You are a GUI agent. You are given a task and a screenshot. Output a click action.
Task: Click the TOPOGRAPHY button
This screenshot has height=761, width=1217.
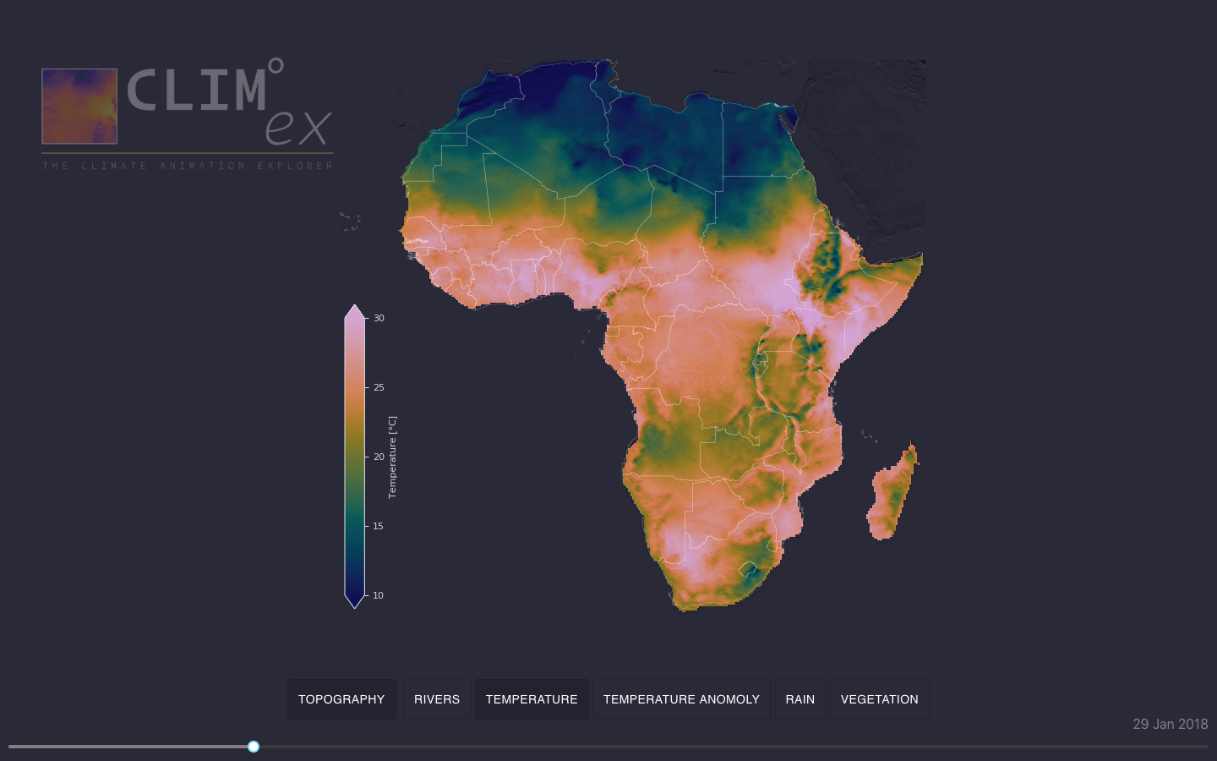(341, 699)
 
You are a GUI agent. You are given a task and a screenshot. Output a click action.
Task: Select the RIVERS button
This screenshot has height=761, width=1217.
(437, 699)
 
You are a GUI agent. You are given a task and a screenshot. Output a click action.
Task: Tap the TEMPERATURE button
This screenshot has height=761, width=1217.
(532, 699)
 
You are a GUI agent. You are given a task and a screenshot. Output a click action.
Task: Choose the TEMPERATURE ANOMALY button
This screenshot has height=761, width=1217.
(681, 699)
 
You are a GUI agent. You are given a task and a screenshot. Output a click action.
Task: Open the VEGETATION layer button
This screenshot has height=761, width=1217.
(879, 699)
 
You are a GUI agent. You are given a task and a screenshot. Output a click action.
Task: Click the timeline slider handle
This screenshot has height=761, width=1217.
(254, 747)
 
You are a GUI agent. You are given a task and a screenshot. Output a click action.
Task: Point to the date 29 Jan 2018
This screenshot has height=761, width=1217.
(1170, 725)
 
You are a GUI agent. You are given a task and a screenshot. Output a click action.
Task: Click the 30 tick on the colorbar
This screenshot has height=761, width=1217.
(379, 319)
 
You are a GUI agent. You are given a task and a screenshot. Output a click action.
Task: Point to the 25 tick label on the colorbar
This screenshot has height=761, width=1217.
(379, 388)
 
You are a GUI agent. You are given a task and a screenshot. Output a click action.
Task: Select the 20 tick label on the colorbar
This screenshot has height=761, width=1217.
(379, 457)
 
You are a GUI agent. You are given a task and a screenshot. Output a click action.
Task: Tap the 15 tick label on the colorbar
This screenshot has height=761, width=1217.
(379, 527)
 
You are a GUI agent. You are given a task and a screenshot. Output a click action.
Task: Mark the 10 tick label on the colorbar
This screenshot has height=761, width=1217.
(379, 596)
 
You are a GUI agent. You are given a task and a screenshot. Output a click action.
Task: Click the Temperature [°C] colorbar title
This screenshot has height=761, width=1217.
(392, 457)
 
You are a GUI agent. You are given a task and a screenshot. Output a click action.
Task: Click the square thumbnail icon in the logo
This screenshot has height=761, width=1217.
(79, 107)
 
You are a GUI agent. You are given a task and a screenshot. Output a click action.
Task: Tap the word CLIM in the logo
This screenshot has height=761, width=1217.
(196, 90)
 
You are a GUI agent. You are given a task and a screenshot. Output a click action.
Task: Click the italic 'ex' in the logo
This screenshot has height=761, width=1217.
(297, 128)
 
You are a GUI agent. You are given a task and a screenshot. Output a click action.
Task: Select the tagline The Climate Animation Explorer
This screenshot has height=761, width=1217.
(188, 166)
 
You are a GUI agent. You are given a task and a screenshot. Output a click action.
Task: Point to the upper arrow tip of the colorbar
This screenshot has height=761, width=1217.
(355, 307)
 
